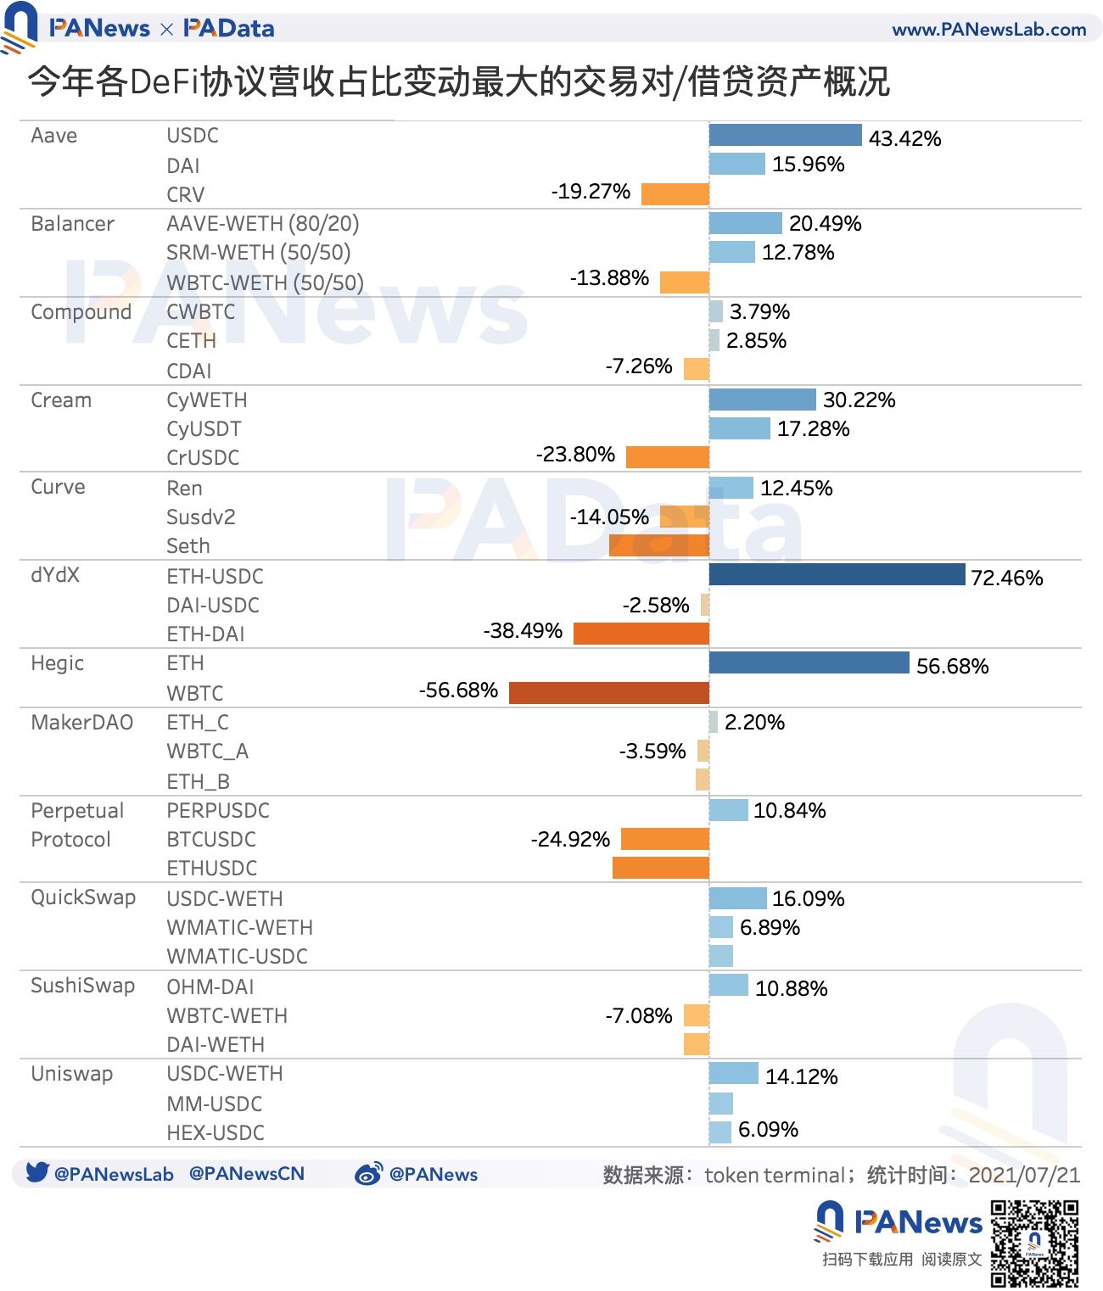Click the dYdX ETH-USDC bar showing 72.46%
[837, 574]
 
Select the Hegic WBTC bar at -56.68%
[608, 693]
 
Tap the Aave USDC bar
[785, 135]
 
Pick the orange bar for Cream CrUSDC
[667, 457]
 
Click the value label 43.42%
[904, 138]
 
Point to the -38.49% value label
[523, 631]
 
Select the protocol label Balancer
[72, 224]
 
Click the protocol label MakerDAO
[81, 723]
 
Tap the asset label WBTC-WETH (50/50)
[265, 282]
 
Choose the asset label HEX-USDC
[216, 1132]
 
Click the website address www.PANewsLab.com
[988, 30]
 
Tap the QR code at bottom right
[1034, 1243]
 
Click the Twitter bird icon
[36, 1172]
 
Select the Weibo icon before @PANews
[368, 1174]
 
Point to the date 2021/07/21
[1024, 1175]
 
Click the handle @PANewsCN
[246, 1174]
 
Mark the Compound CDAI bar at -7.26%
[696, 369]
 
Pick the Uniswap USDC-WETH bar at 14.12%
[733, 1073]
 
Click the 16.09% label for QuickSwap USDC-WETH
[808, 899]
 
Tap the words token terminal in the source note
[774, 1175]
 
